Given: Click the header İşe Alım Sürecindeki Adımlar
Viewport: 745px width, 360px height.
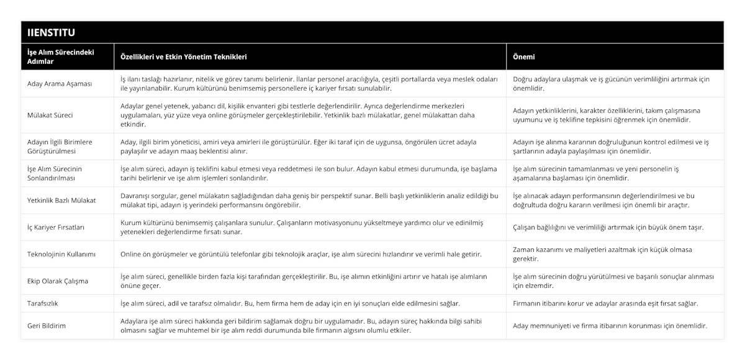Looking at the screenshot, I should click(x=61, y=56).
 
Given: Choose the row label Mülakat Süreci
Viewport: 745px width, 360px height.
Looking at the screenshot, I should click(x=51, y=115).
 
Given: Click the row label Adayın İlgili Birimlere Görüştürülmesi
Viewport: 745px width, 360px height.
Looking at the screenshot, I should click(x=60, y=146).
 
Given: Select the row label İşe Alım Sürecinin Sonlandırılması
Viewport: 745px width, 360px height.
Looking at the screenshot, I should click(x=60, y=173).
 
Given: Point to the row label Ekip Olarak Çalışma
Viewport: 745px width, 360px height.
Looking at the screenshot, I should click(x=58, y=281).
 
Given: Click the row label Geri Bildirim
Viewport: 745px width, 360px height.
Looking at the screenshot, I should click(x=47, y=325).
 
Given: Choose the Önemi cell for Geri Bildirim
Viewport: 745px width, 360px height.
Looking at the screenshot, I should click(x=610, y=325).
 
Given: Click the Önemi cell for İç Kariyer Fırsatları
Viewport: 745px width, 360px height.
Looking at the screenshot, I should click(x=608, y=227).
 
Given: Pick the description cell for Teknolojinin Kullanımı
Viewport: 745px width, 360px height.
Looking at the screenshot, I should click(x=300, y=254).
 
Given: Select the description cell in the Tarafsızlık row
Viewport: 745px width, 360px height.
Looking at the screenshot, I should click(x=290, y=304).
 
